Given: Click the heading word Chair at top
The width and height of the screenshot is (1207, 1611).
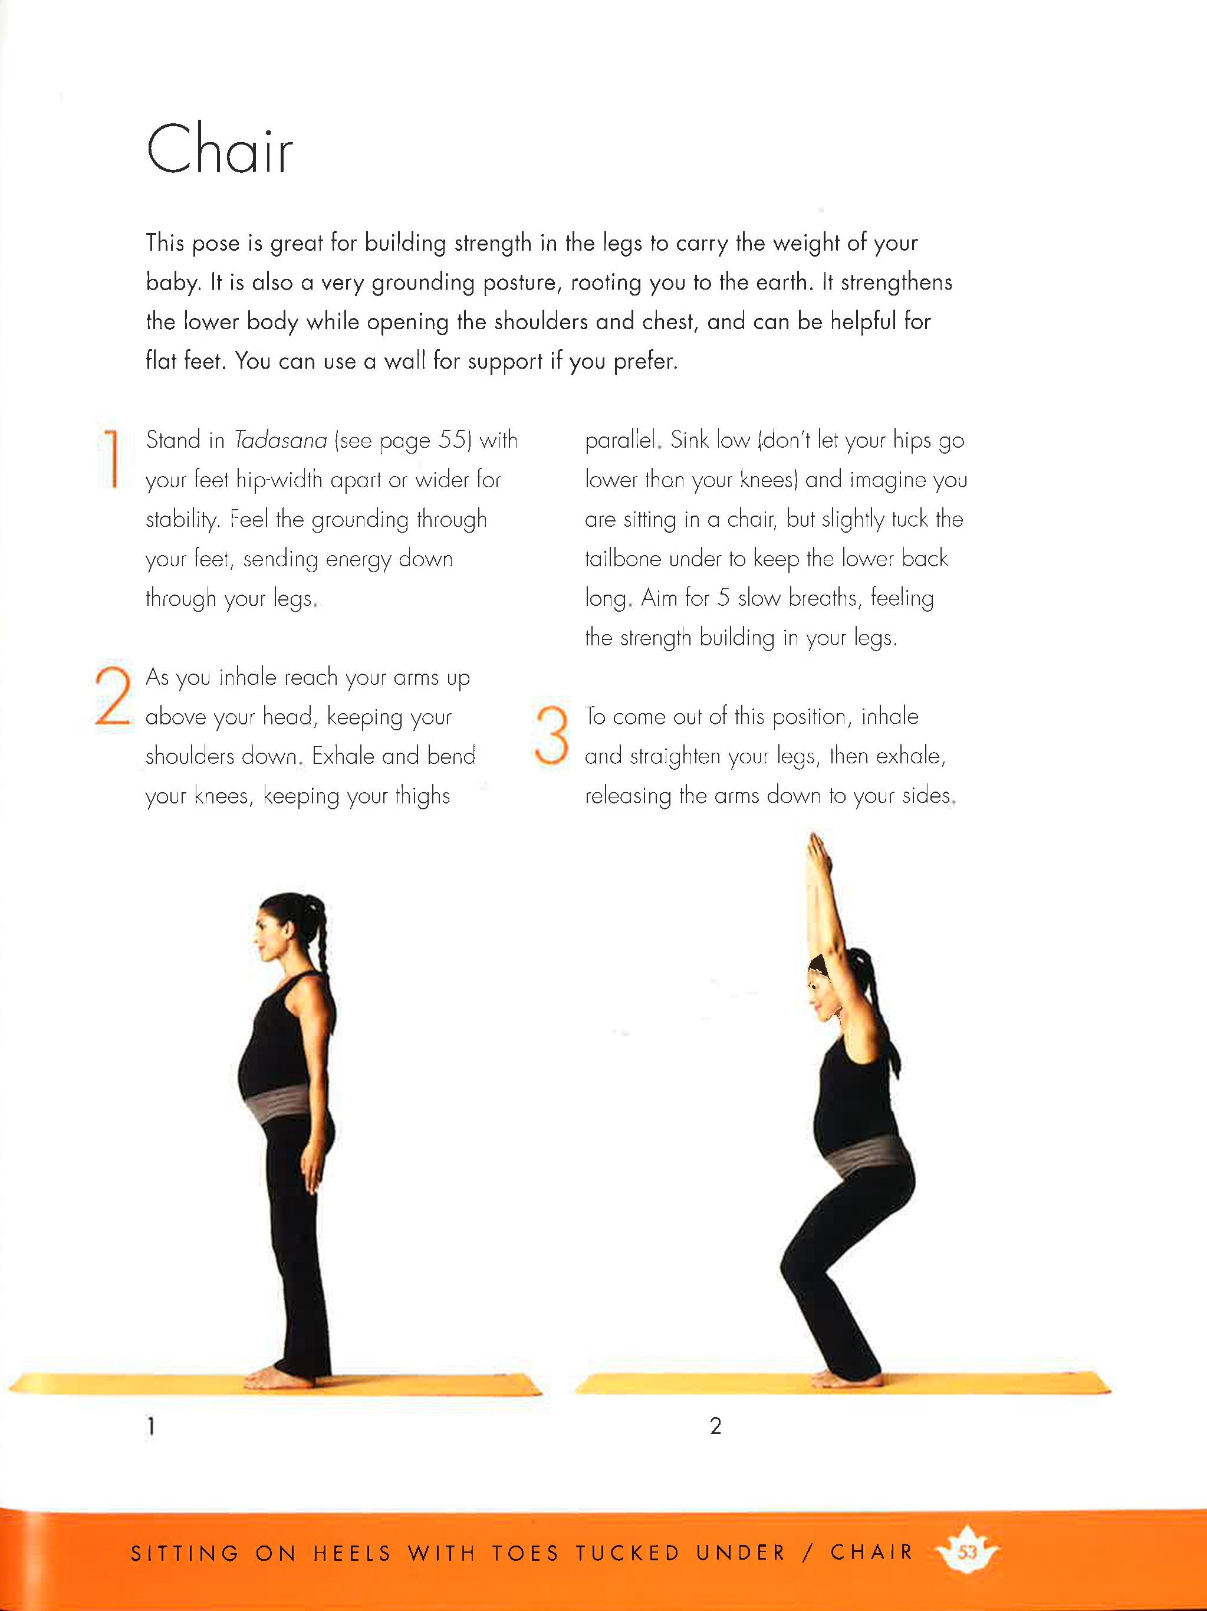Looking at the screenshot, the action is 219,149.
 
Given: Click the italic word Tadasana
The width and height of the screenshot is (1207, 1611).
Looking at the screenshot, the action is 280,440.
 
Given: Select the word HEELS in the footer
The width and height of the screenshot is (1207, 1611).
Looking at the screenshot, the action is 353,1553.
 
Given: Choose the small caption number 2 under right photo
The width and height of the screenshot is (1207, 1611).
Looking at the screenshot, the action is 716,1426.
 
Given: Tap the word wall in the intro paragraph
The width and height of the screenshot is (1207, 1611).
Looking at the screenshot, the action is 404,360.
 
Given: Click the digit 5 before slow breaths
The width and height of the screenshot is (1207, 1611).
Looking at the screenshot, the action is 723,598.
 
